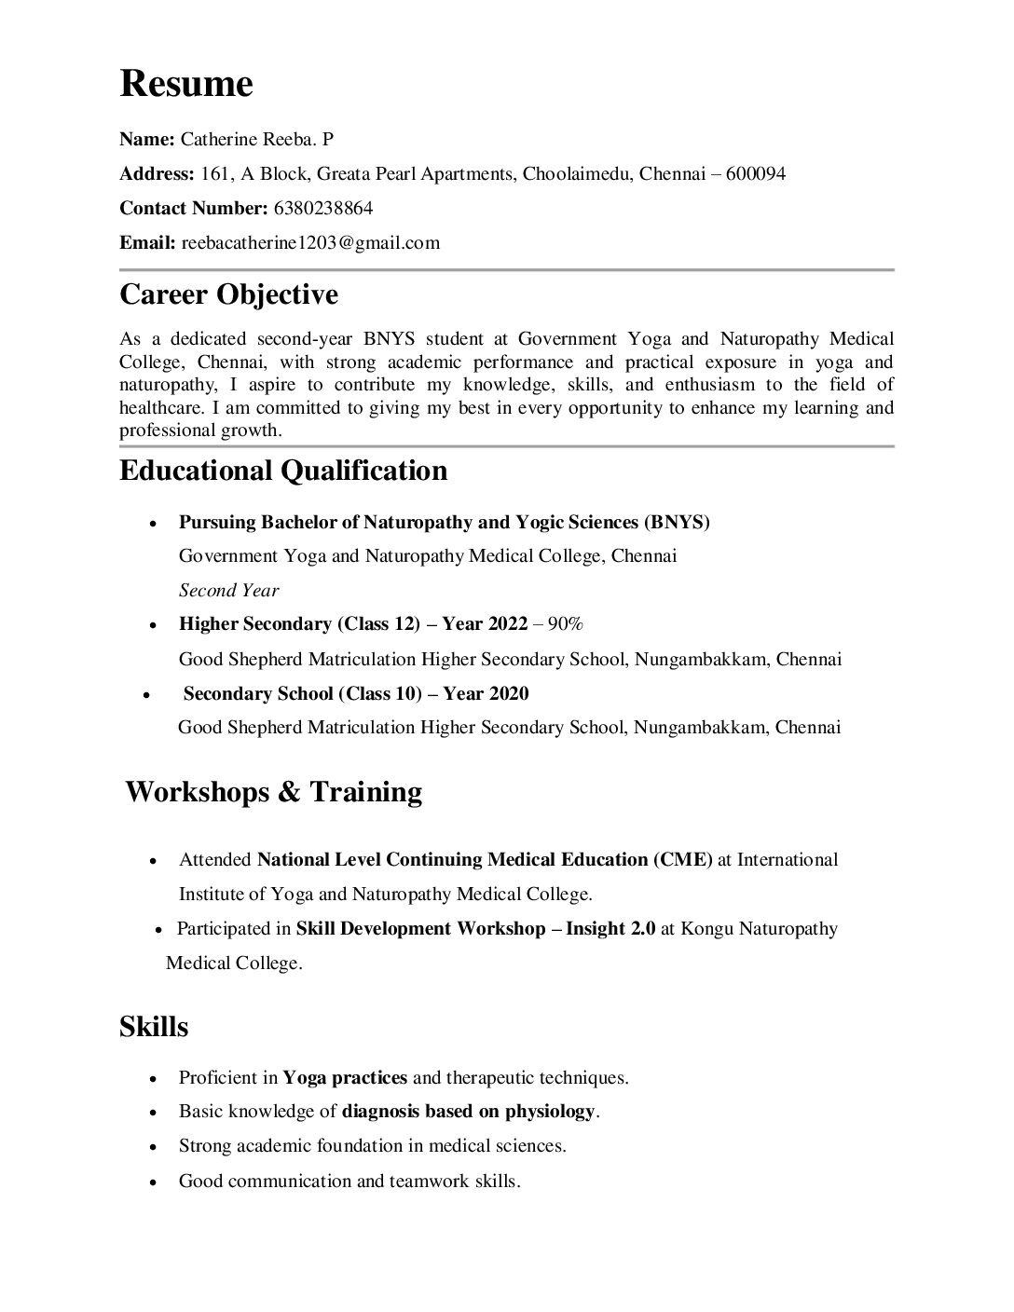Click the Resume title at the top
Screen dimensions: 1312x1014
[186, 85]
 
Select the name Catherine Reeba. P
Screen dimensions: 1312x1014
[256, 140]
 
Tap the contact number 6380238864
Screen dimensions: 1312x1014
[323, 208]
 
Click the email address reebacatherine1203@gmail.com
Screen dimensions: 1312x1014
[310, 243]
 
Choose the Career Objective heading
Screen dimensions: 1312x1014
[228, 295]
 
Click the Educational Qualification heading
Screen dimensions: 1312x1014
[283, 471]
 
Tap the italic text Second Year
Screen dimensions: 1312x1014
[228, 590]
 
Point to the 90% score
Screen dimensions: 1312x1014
[565, 623]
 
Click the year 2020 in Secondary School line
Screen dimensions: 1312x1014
[509, 693]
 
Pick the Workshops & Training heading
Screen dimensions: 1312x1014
[273, 792]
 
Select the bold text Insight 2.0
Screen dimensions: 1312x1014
[610, 928]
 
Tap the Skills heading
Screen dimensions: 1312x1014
[154, 1027]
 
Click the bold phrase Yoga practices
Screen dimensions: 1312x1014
[345, 1078]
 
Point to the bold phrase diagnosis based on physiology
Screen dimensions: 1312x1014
[468, 1112]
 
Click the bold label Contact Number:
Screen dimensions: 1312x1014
[194, 208]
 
